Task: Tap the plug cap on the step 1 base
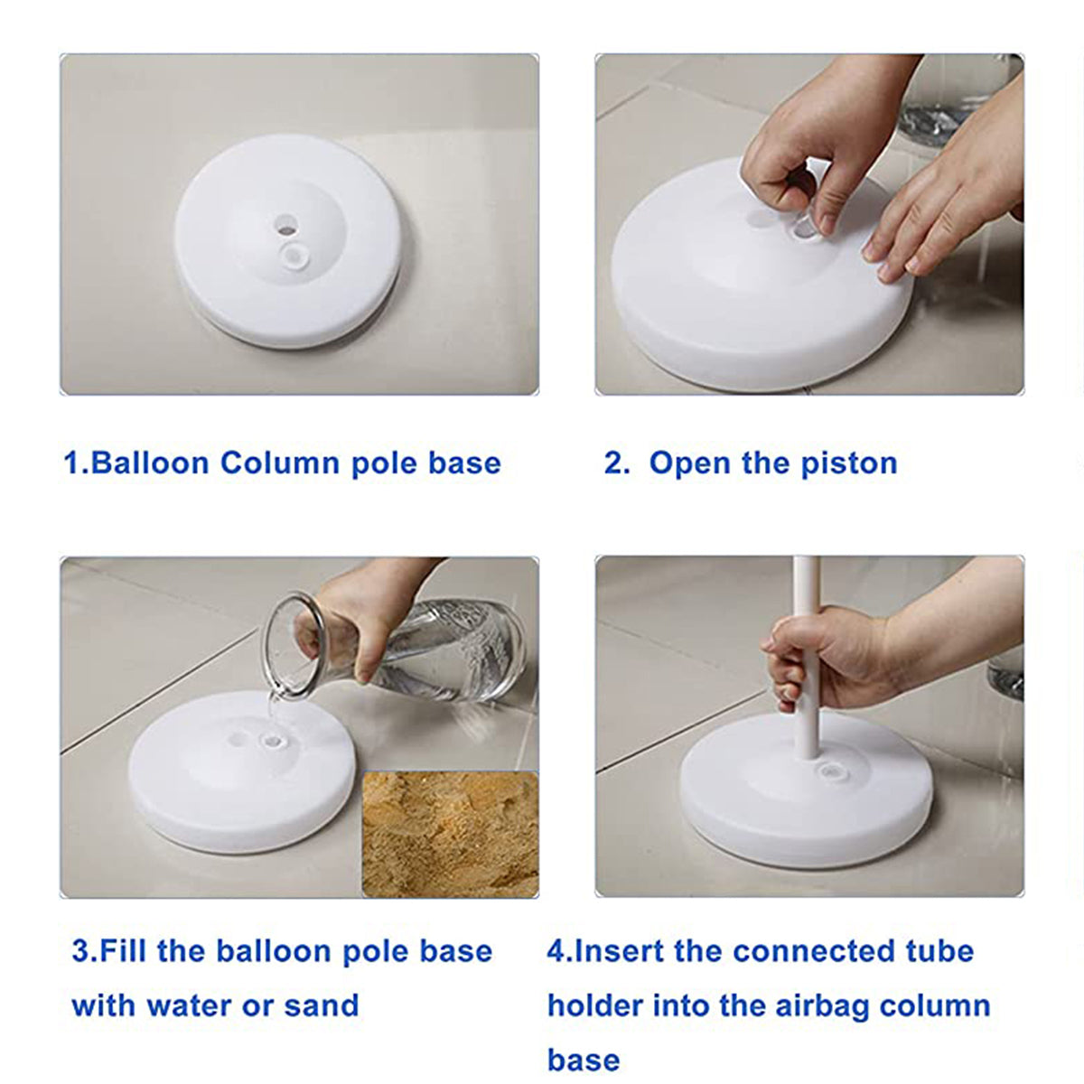(x=291, y=257)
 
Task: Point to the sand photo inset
(x=450, y=833)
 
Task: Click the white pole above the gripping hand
(x=806, y=583)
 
